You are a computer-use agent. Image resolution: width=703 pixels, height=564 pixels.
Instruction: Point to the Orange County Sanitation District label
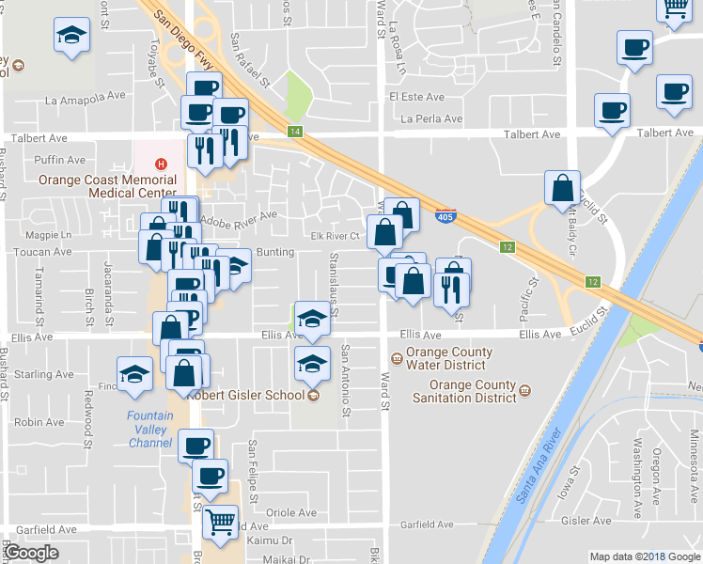click(x=473, y=390)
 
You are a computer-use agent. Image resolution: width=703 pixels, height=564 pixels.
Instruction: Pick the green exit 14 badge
click(x=295, y=132)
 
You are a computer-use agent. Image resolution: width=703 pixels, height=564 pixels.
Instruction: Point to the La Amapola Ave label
click(x=86, y=100)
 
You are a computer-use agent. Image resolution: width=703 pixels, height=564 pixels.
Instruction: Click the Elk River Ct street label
click(x=336, y=236)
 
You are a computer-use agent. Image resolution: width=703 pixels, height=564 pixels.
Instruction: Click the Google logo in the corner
click(x=31, y=553)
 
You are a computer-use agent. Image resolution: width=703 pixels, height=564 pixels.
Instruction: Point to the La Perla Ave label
click(x=431, y=119)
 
